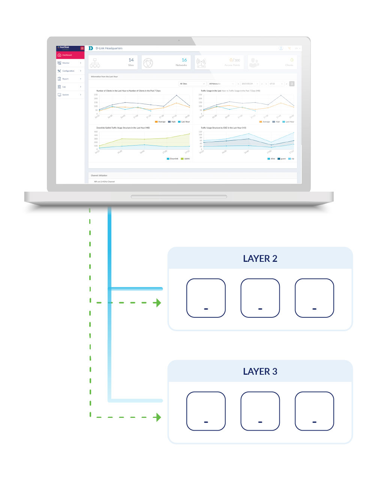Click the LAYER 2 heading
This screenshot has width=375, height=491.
pos(260,258)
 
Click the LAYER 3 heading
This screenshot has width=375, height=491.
pos(260,371)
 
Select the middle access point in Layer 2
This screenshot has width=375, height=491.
pos(260,298)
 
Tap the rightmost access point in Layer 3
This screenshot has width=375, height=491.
pos(314,411)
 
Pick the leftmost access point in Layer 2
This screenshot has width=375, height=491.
pos(206,298)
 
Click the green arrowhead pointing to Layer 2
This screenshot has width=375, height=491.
pos(159,303)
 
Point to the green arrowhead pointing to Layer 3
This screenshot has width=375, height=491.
pos(159,417)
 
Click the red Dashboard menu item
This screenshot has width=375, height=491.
pos(70,55)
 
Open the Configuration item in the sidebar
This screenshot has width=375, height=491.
pos(68,71)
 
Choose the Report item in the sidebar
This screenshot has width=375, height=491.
pos(66,79)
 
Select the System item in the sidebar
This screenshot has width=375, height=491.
pos(66,95)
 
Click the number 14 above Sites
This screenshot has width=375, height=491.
pos(131,60)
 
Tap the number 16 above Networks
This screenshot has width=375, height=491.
pos(184,60)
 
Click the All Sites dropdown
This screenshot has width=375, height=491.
pos(192,84)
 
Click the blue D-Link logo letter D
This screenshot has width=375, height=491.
pos(91,48)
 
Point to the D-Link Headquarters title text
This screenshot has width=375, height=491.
pos(109,48)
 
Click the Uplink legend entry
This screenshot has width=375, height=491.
pos(186,159)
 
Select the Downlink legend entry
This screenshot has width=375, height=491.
pos(173,159)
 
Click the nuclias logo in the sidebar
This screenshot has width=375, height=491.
pos(64,48)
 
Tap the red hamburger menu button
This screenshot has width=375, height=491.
pos(82,48)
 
